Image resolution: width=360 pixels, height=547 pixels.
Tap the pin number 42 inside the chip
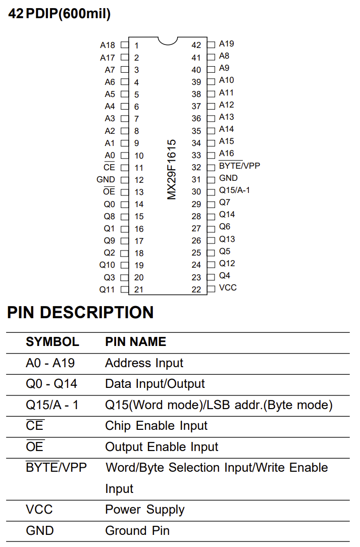pyautogui.click(x=196, y=45)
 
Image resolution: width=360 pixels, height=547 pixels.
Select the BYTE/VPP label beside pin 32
pyautogui.click(x=239, y=166)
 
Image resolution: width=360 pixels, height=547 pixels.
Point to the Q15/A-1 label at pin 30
pyautogui.click(x=234, y=190)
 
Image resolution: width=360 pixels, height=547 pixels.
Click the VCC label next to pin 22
pyautogui.click(x=228, y=288)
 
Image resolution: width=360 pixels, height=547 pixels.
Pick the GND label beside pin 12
pyautogui.click(x=106, y=179)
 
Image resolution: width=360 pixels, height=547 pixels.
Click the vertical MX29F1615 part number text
pyautogui.click(x=172, y=170)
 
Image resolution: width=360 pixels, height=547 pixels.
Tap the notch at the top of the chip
pyautogui.click(x=168, y=40)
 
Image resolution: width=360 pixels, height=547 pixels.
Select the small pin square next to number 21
pyautogui.click(x=124, y=290)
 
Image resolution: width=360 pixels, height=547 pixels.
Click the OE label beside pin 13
pyautogui.click(x=109, y=191)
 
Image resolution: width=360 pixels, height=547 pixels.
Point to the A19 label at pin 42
pyautogui.click(x=226, y=44)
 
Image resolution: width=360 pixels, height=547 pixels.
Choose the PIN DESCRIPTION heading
pyautogui.click(x=80, y=313)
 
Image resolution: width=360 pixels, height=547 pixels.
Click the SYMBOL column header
pyautogui.click(x=53, y=342)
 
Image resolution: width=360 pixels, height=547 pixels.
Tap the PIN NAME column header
pyautogui.click(x=135, y=342)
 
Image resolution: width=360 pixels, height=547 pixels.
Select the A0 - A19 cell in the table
pyautogui.click(x=50, y=363)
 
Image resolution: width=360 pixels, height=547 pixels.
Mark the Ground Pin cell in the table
pyautogui.click(x=137, y=531)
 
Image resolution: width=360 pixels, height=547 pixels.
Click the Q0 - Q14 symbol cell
pyautogui.click(x=52, y=384)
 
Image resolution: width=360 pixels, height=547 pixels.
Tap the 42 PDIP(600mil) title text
pyautogui.click(x=60, y=14)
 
